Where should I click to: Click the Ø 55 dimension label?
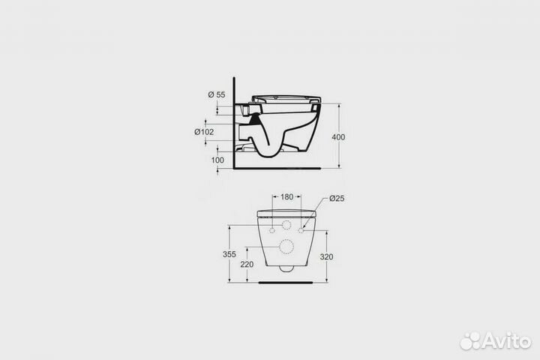click(216, 94)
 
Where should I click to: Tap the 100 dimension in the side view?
click(218, 160)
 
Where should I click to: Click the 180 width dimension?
click(286, 197)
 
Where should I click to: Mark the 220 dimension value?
click(247, 264)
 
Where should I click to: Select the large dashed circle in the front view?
click(286, 246)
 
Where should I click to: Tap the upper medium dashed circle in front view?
click(286, 226)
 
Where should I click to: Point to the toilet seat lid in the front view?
click(286, 214)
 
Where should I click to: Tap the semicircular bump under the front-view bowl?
click(286, 268)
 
